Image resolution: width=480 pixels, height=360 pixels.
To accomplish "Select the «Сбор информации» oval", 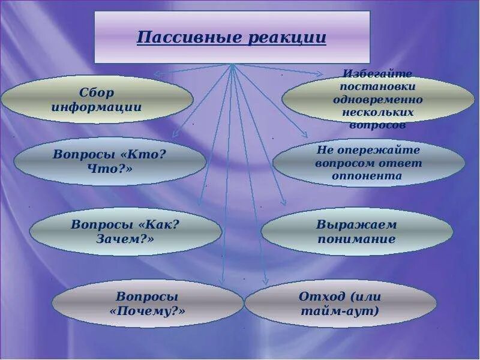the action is pos(97,100).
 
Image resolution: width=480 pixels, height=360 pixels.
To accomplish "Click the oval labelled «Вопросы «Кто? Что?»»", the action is pos(109,161).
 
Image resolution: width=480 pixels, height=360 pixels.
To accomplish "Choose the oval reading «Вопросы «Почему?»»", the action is pos(148,304).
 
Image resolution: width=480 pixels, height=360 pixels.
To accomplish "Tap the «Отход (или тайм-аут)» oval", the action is pos(340,304).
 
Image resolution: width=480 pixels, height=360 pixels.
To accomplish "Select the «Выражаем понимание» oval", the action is pos(356,232).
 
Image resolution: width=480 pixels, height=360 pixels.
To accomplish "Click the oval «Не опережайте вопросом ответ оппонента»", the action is pos(368,162).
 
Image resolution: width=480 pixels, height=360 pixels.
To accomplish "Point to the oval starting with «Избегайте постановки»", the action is pos(378,99).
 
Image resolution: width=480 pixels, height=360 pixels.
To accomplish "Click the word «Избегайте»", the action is pos(378,74).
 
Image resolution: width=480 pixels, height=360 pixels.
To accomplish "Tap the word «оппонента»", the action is pos(367,176).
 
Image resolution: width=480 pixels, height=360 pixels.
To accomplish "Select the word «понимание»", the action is pos(356,239).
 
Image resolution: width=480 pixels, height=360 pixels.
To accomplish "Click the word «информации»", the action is pos(97,107).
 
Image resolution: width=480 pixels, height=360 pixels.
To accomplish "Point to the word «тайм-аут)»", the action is pos(340,311).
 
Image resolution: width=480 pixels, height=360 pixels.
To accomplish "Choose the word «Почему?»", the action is pos(148,311).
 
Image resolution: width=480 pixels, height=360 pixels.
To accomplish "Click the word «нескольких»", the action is pos(378,112).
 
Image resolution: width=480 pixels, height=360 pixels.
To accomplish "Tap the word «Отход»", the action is pos(322,296).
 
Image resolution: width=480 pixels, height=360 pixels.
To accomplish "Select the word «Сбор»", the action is pos(97,93).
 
